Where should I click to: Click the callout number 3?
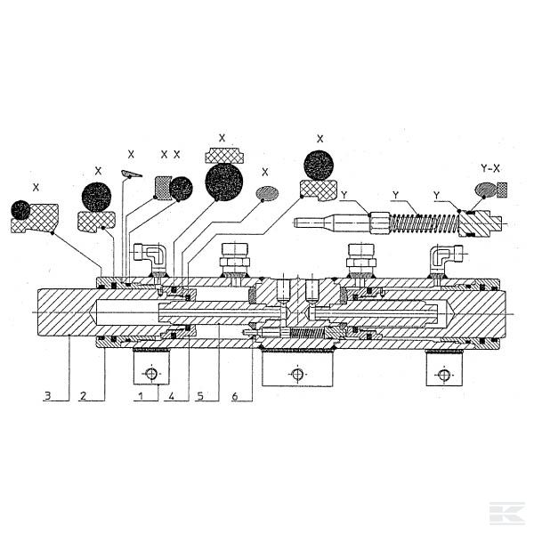(x=48, y=395)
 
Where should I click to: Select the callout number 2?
(x=83, y=395)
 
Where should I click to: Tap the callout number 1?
(x=140, y=396)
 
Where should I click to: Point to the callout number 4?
(x=171, y=396)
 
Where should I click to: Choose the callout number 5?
(x=200, y=396)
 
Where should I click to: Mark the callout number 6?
(x=235, y=396)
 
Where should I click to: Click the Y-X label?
(x=490, y=168)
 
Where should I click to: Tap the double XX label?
(x=170, y=155)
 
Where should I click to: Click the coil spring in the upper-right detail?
(x=424, y=224)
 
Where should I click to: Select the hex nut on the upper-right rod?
(x=379, y=223)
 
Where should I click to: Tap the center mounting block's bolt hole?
(x=297, y=374)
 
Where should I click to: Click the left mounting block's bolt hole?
(x=151, y=374)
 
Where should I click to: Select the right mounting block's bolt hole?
(x=444, y=375)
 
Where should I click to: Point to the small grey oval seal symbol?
(x=267, y=193)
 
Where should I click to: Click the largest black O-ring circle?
(x=224, y=182)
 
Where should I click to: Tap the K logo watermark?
(x=507, y=513)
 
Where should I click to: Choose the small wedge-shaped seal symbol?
(x=132, y=174)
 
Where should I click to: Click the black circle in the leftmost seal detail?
(x=20, y=210)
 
